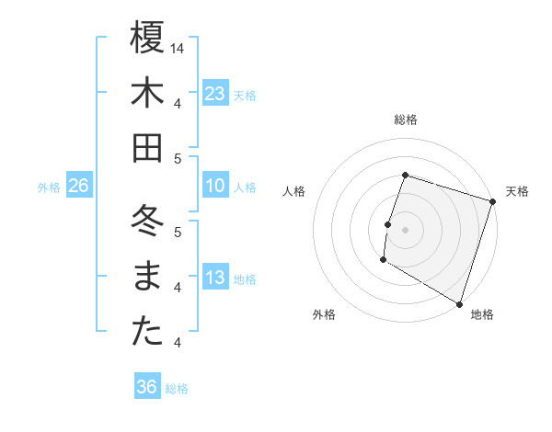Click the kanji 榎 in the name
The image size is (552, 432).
147,39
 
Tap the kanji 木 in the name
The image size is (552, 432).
147,94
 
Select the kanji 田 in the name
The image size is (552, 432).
147,148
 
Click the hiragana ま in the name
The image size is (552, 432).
147,277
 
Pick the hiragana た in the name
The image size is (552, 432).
147,332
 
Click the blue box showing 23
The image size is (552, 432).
215,93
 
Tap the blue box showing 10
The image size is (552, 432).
215,187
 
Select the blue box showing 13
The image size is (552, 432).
215,279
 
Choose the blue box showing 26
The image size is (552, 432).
78,187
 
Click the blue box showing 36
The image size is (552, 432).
146,387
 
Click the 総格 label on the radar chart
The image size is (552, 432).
405,119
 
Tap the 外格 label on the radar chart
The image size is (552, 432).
324,314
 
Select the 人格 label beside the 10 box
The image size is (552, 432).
245,188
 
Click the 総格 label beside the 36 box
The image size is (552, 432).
177,389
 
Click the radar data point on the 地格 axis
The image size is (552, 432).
458,303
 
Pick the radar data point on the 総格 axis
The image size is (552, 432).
405,175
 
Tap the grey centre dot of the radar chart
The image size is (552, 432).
405,230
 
